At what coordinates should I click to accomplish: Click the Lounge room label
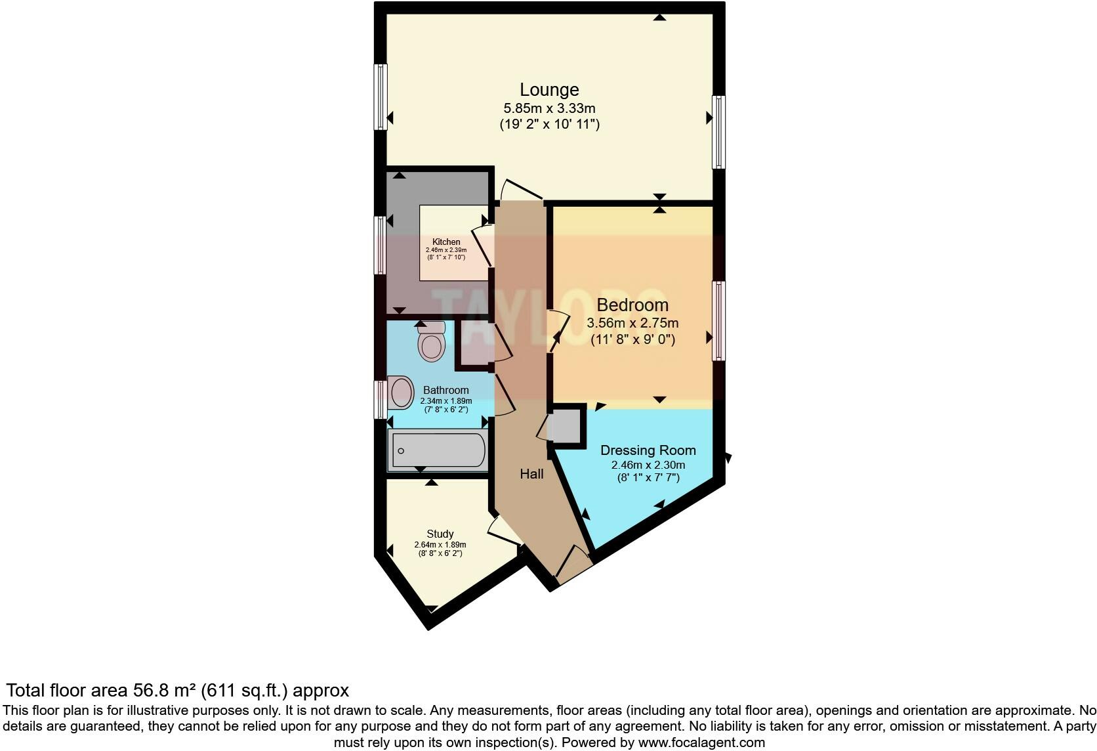(x=549, y=89)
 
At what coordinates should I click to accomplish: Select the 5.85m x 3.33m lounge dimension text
(x=549, y=108)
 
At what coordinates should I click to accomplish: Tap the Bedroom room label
(x=632, y=305)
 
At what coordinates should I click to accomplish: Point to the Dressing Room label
(x=648, y=450)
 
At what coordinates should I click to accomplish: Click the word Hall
(x=531, y=473)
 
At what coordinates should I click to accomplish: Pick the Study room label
(x=440, y=534)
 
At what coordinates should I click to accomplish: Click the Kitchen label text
(x=446, y=242)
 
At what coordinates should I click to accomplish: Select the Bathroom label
(x=445, y=390)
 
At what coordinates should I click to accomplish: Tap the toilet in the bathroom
(x=431, y=342)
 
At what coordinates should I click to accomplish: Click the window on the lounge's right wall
(x=719, y=132)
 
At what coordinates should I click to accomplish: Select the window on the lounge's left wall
(x=380, y=97)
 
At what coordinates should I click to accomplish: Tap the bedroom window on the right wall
(x=719, y=320)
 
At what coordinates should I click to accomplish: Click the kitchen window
(x=380, y=245)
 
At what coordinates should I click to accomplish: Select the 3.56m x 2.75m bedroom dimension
(x=632, y=323)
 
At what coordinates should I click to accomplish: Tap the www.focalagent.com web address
(x=701, y=743)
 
